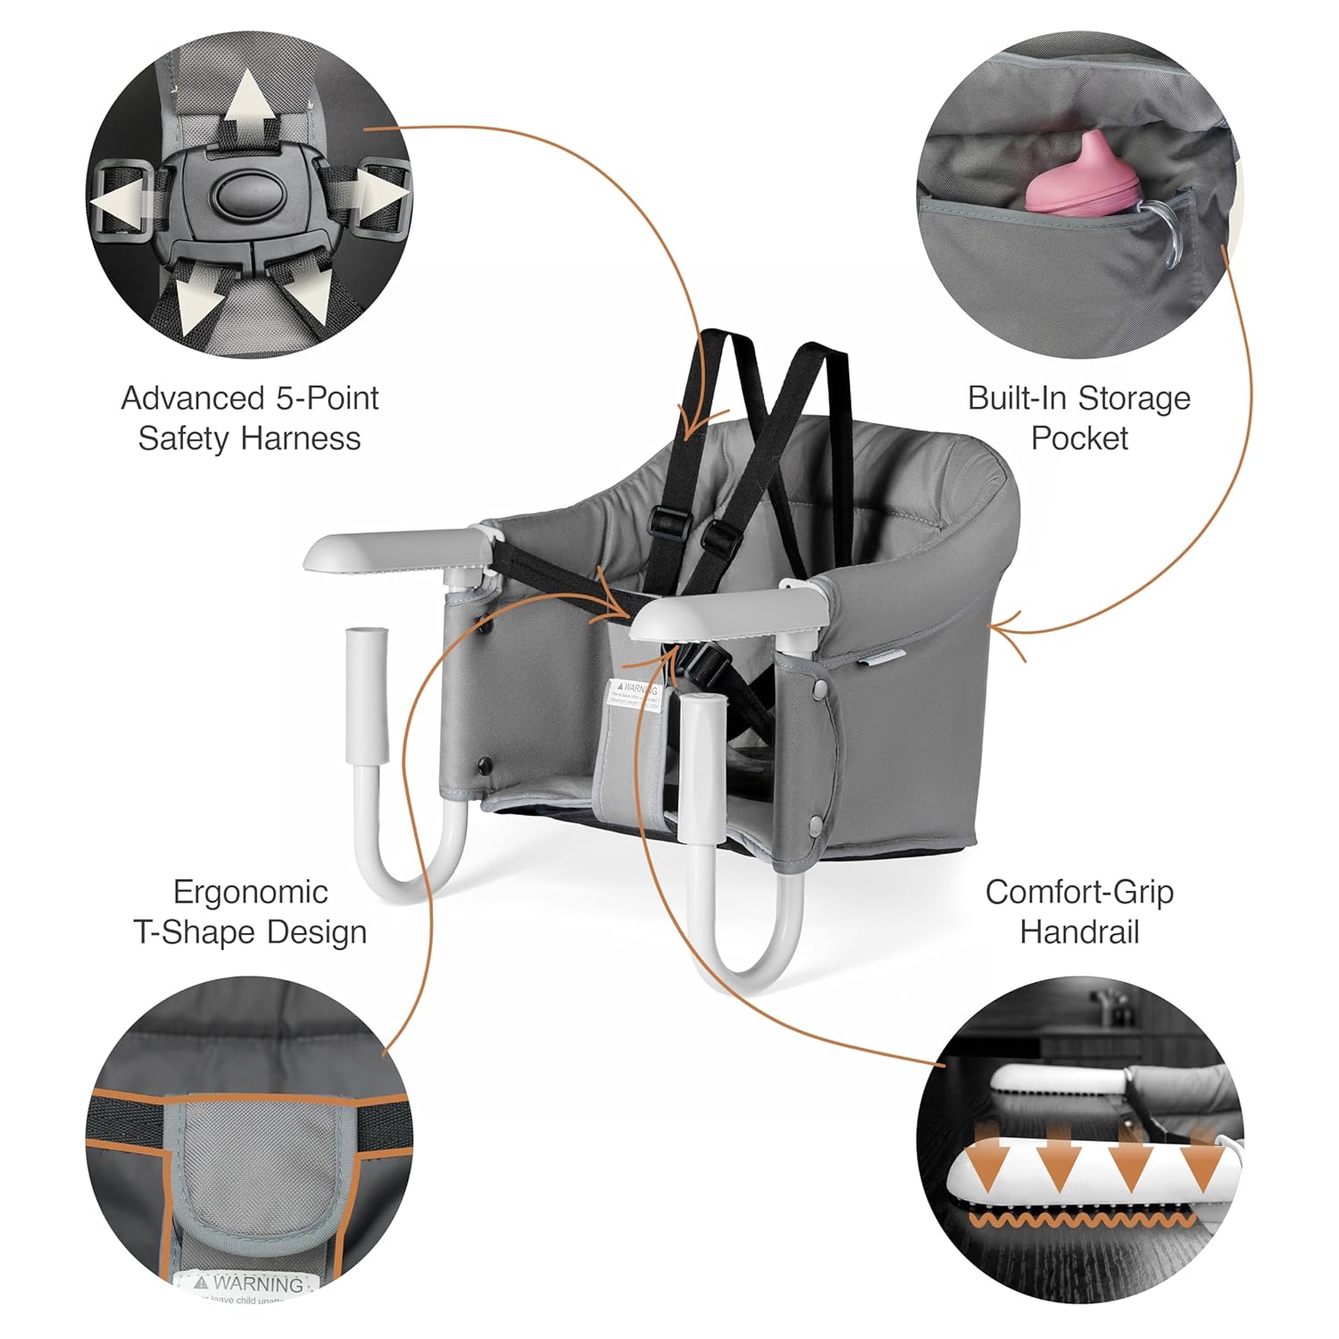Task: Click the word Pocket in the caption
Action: coord(1079,438)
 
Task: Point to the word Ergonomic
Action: coord(250,892)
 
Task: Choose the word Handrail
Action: coord(1079,932)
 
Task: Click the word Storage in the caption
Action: coord(1134,398)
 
